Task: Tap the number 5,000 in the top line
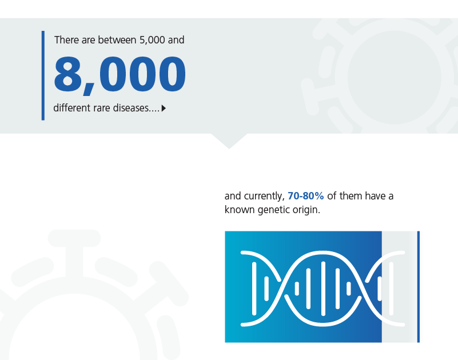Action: click(x=152, y=40)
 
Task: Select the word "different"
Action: click(x=72, y=108)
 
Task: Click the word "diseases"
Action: click(x=131, y=108)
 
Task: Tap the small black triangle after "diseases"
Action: click(x=164, y=109)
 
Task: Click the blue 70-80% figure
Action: click(x=305, y=195)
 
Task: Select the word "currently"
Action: click(x=264, y=196)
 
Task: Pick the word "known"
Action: click(x=240, y=210)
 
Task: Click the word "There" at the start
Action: click(x=66, y=39)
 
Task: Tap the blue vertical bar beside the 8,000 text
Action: click(x=43, y=75)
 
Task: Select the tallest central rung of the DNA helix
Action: click(x=323, y=289)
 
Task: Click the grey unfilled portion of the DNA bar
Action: click(x=399, y=287)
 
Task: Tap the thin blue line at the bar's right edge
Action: click(x=419, y=287)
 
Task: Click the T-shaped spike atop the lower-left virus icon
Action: click(x=74, y=251)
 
